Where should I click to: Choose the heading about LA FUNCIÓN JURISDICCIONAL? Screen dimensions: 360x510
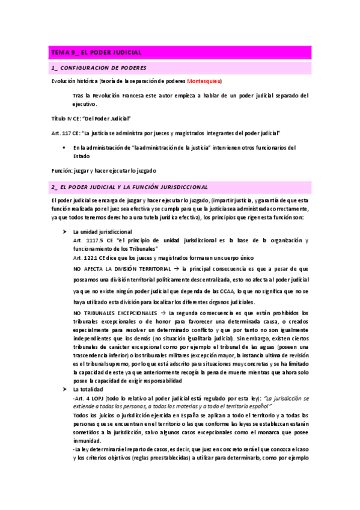pos(129,187)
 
